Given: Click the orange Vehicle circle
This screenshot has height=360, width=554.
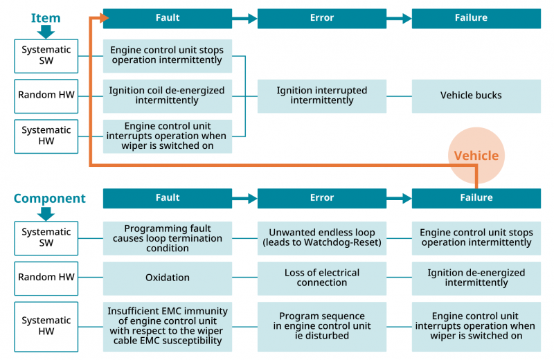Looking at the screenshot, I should [476, 155].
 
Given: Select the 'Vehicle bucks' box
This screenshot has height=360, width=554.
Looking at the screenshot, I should [476, 96].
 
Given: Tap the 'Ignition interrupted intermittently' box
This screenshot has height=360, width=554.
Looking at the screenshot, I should [322, 96].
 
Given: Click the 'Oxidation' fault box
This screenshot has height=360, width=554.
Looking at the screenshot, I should [168, 278].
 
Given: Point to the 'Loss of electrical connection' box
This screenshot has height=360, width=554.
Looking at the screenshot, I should [322, 278].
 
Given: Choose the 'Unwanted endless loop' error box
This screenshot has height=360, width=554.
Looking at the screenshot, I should [322, 237].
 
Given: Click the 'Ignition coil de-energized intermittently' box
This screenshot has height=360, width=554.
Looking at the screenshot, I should [168, 96].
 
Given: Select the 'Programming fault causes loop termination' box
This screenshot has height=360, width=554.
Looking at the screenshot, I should [168, 237].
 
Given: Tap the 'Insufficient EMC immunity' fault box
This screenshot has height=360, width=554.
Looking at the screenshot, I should [168, 325].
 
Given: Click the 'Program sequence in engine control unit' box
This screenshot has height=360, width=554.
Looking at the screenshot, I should [322, 325].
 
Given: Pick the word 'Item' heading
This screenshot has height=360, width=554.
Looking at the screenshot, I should [46, 18].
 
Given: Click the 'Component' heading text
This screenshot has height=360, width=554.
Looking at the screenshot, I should [50, 199].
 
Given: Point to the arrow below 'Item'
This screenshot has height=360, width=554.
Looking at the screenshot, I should [46, 32].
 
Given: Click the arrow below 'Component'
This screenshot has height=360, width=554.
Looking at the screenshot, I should [46, 213].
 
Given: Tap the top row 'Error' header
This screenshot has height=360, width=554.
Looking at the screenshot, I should [322, 18].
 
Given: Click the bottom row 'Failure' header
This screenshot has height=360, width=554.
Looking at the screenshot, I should [476, 198].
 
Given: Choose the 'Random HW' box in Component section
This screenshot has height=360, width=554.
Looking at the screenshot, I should [46, 278].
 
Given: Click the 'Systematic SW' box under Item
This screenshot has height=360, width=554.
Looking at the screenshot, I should [46, 55].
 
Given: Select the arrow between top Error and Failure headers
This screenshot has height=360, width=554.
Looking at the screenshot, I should [399, 19].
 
